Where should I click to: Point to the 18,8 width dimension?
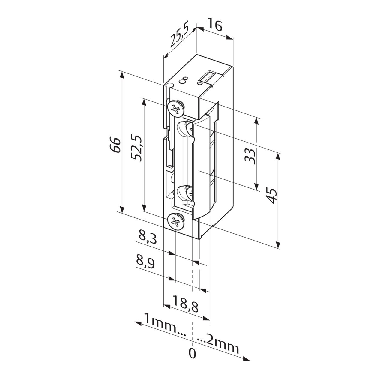tap(186, 304)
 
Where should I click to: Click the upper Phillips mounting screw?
tap(175, 109)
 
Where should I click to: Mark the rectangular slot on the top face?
tap(208, 77)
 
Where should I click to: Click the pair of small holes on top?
tap(184, 80)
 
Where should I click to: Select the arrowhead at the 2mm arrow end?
tap(247, 359)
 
